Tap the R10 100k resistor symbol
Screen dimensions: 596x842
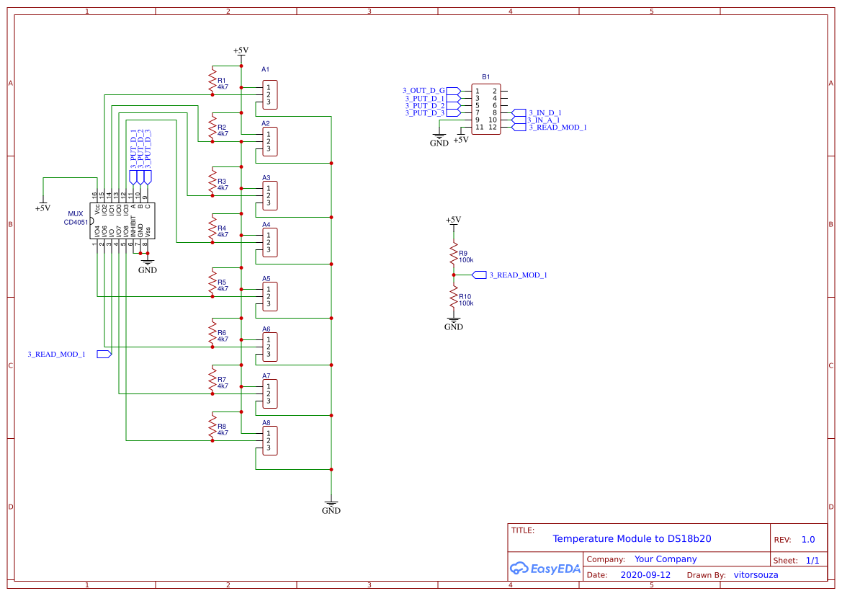[x=454, y=298]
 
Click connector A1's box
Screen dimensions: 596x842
[x=270, y=94]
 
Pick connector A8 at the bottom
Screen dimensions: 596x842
[x=270, y=440]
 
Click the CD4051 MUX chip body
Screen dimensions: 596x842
[x=122, y=221]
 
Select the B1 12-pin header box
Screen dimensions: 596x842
[x=486, y=109]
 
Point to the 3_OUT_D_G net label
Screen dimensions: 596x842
[x=424, y=91]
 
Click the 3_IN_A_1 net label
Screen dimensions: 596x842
[x=543, y=120]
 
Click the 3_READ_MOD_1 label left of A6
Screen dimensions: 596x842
[x=57, y=355]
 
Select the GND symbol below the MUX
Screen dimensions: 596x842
[x=147, y=270]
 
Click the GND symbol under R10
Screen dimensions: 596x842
[x=454, y=326]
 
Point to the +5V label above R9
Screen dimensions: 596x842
[x=453, y=220]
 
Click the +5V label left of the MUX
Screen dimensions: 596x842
[x=42, y=208]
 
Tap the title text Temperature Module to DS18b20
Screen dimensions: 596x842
[x=632, y=539]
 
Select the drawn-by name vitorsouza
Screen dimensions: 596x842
[x=756, y=575]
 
